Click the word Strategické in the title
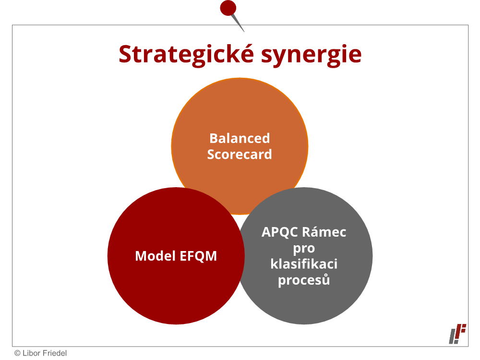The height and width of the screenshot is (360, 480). (x=186, y=55)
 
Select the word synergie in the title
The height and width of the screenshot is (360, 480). (x=312, y=55)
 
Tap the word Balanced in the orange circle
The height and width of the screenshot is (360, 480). (x=240, y=138)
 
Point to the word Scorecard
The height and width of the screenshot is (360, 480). (x=240, y=154)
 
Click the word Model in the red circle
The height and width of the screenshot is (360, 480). (x=155, y=256)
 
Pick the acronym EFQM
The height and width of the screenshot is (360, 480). (x=198, y=256)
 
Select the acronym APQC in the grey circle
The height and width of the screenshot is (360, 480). (x=279, y=232)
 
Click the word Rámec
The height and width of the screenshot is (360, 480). (x=324, y=232)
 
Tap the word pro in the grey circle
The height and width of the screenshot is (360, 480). (x=304, y=248)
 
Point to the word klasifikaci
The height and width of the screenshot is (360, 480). (x=304, y=264)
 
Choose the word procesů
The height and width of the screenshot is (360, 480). (x=304, y=280)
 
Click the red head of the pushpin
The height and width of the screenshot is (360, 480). (x=228, y=8)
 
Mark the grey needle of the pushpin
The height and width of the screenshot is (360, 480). (x=238, y=23)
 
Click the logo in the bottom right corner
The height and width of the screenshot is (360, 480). (x=457, y=334)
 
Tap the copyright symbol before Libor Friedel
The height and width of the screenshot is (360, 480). (x=17, y=353)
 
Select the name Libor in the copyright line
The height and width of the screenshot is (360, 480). (x=32, y=353)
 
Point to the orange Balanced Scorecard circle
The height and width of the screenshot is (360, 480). (x=240, y=116)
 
